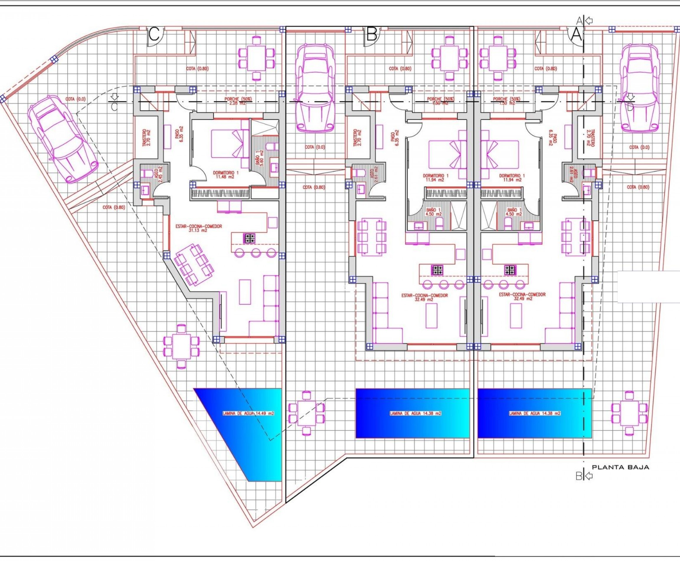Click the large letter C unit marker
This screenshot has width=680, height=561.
point(154,34)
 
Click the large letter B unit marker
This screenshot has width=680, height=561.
point(372,34)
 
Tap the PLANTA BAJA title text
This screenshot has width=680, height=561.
point(620,476)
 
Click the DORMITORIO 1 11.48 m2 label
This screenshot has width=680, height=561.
point(223,175)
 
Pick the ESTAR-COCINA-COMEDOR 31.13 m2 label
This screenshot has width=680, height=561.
point(199,228)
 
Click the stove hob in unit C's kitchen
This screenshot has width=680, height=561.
point(249,239)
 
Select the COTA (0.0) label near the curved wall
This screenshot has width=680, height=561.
point(76,99)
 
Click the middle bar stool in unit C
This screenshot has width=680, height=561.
point(256,253)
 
